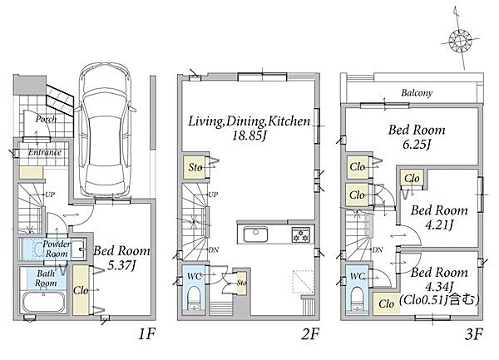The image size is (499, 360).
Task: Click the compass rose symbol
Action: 460,41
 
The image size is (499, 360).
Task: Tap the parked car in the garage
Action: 106,131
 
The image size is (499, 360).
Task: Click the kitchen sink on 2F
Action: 255,234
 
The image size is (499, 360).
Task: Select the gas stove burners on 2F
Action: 300,234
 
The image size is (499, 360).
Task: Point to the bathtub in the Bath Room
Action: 43,302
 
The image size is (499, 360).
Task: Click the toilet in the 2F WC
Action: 194,298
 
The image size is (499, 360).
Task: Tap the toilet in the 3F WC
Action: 358,298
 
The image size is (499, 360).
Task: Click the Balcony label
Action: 417,93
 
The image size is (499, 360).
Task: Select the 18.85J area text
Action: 249,136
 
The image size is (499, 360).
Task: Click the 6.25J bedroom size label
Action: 417,145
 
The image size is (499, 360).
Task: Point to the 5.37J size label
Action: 121,265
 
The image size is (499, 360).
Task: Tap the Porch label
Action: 46,119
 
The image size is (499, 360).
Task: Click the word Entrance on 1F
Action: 45,152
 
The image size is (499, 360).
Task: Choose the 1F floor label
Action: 146,334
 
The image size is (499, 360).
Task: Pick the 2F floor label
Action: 309,334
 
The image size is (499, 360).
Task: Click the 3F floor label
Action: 473,334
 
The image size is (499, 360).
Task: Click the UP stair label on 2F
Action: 213,194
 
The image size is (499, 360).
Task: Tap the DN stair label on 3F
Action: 377,250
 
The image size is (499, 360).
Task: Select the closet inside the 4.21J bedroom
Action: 412,179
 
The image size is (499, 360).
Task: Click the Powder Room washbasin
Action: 77,249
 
